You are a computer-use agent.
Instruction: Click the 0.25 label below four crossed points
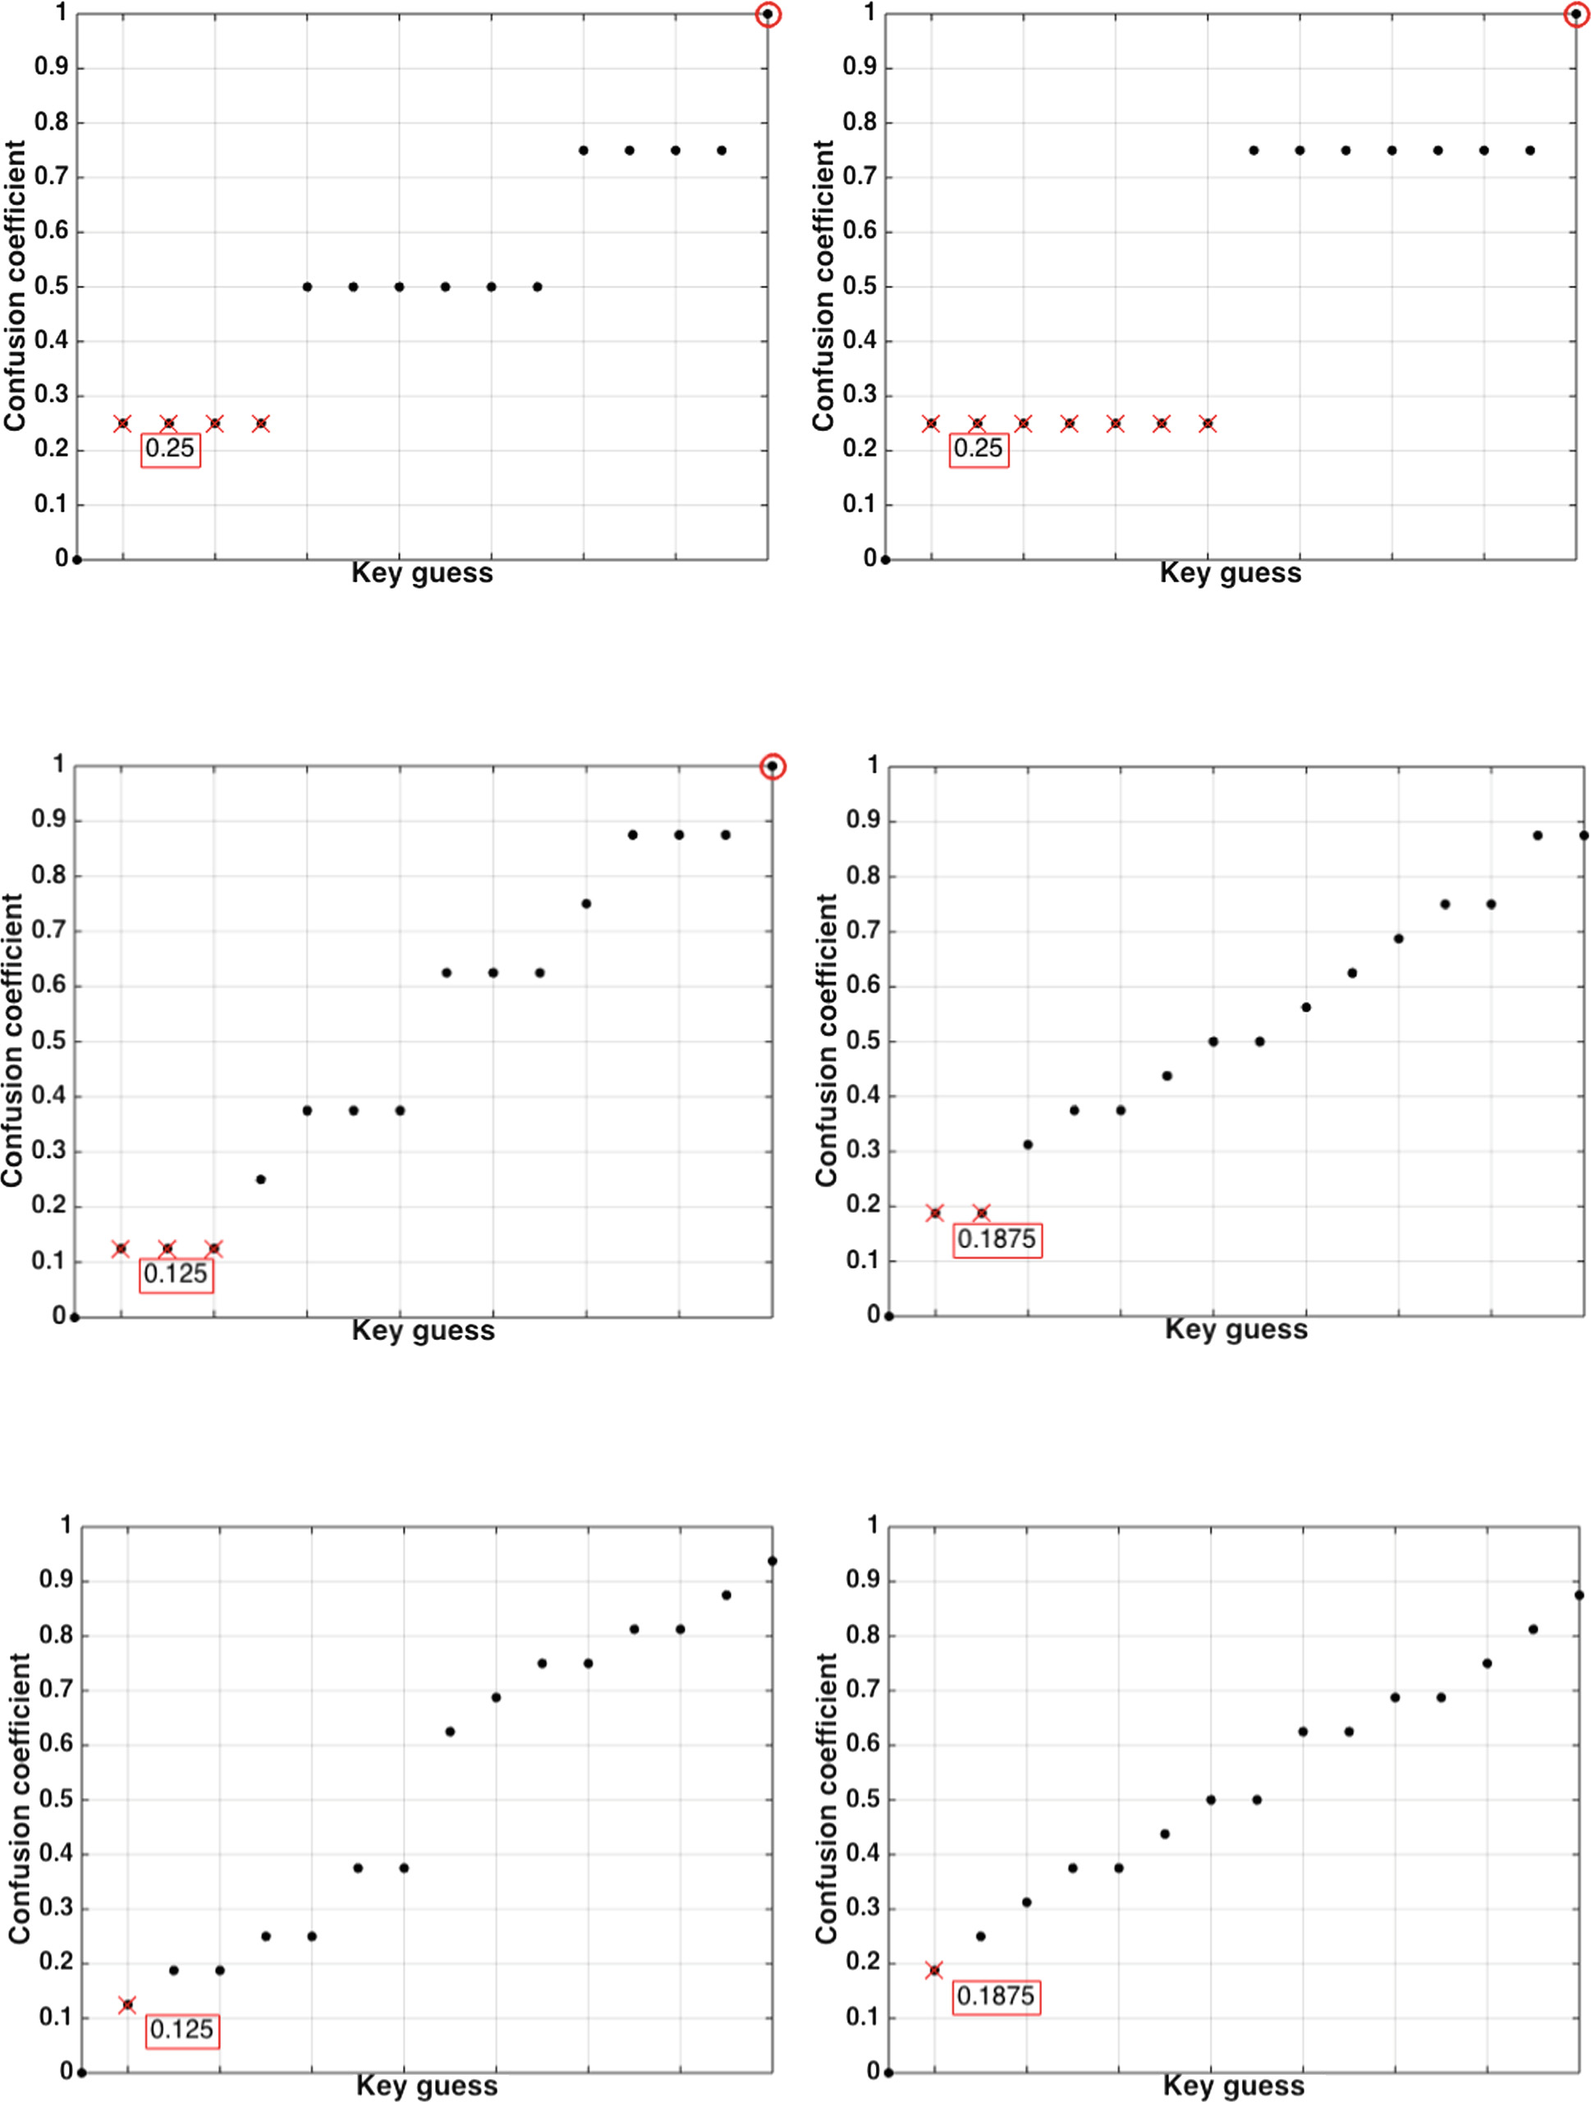pyautogui.click(x=170, y=448)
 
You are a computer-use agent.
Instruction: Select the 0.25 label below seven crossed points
pyautogui.click(x=979, y=448)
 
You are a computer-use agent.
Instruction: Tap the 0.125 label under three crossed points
pyautogui.click(x=176, y=1274)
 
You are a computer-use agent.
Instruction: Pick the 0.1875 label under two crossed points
pyautogui.click(x=997, y=1239)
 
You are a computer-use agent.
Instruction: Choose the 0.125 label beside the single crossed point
pyautogui.click(x=181, y=2030)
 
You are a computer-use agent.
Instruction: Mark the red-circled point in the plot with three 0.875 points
pyautogui.click(x=773, y=767)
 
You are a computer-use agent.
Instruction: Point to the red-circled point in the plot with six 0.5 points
pyautogui.click(x=768, y=14)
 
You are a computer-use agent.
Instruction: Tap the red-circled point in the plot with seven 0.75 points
pyautogui.click(x=1575, y=14)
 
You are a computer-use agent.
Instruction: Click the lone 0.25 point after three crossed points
pyautogui.click(x=261, y=1179)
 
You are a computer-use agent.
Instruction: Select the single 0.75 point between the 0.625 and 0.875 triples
pyautogui.click(x=586, y=904)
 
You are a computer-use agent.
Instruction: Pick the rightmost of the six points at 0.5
pyautogui.click(x=538, y=287)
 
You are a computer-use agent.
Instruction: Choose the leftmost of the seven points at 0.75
pyautogui.click(x=1254, y=150)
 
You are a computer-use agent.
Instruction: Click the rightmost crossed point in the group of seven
pyautogui.click(x=1208, y=424)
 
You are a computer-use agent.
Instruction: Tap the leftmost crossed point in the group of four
pyautogui.click(x=122, y=424)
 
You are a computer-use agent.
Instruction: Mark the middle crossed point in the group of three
pyautogui.click(x=167, y=1249)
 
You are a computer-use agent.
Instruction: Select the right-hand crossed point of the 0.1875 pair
pyautogui.click(x=981, y=1214)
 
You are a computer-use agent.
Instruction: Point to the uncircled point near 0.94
pyautogui.click(x=773, y=1561)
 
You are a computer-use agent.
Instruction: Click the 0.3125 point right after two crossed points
pyautogui.click(x=1028, y=1145)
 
